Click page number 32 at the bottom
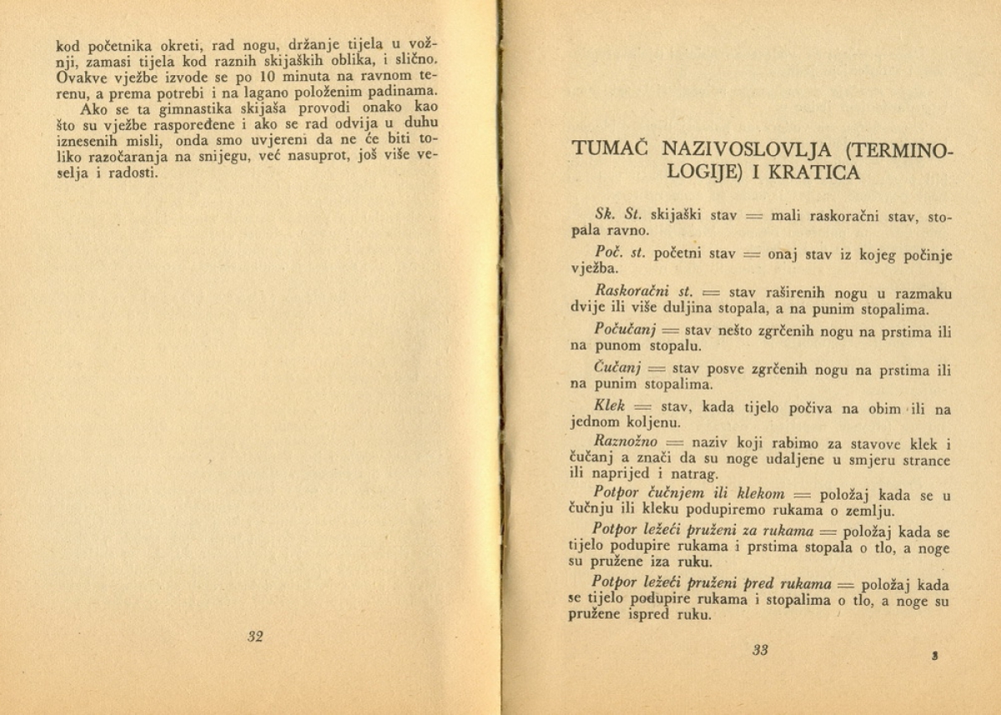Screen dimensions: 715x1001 255,637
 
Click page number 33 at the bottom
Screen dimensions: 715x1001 759,651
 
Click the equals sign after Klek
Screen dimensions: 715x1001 641,407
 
